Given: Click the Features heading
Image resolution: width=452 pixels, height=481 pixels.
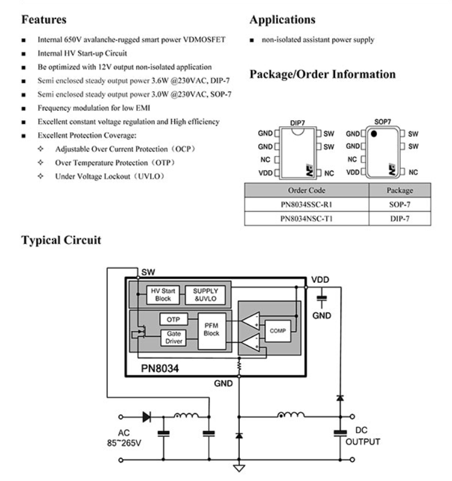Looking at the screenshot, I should [44, 20].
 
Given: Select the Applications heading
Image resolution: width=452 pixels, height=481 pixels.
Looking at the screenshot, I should [283, 20].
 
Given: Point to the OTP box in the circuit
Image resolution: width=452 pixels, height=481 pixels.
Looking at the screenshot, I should [174, 320].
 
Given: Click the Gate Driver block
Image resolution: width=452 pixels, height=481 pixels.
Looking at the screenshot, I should [174, 338].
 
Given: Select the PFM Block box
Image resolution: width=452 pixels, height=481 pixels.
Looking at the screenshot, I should [212, 329].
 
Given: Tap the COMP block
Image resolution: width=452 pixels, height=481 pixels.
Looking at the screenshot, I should [278, 332].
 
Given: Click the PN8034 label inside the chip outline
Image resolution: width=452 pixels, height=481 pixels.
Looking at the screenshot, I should [160, 368].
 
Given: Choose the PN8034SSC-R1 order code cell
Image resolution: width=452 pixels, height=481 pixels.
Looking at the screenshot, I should [307, 205].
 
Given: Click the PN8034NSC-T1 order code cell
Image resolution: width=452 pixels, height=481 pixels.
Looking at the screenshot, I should [307, 218].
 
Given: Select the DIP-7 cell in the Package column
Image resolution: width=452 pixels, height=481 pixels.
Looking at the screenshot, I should [400, 218].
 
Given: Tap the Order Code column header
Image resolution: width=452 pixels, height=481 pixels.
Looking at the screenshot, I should [307, 190].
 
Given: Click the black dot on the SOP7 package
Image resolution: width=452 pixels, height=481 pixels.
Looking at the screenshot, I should [374, 134].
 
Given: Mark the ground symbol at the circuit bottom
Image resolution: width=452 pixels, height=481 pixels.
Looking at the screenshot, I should [239, 467].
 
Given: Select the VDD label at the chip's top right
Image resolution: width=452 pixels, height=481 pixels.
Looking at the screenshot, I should [320, 280].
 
